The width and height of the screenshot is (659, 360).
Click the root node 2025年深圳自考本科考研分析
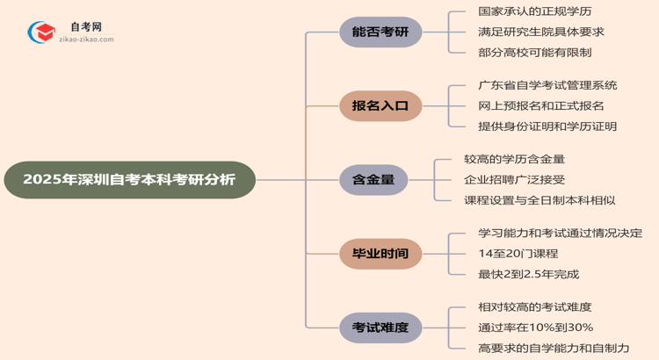pyautogui.click(x=129, y=180)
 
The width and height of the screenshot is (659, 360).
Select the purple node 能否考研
pyautogui.click(x=380, y=32)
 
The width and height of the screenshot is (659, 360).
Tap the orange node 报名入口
pyautogui.click(x=380, y=106)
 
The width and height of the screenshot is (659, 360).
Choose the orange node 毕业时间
pyautogui.click(x=380, y=254)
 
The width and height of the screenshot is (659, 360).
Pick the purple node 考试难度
pyautogui.click(x=380, y=328)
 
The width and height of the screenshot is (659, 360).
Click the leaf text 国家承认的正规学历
pyautogui.click(x=535, y=12)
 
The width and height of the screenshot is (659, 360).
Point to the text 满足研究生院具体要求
pyautogui.click(x=541, y=32)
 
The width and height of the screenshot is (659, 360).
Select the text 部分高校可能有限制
pyautogui.click(x=535, y=53)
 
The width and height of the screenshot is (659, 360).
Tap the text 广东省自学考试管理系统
pyautogui.click(x=547, y=86)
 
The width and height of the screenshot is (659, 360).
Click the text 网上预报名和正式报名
pyautogui.click(x=541, y=106)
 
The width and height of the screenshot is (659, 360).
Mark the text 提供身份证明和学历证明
pyautogui.click(x=547, y=126)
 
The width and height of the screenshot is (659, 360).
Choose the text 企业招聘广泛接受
pyautogui.click(x=514, y=180)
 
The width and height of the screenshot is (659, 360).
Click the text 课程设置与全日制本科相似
pyautogui.click(x=540, y=200)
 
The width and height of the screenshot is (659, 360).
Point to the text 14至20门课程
pyautogui.click(x=518, y=254)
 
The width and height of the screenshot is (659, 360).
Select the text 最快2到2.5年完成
pyautogui.click(x=528, y=274)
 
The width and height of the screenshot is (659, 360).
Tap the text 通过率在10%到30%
pyautogui.click(x=535, y=328)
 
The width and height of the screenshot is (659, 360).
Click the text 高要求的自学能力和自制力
pyautogui.click(x=554, y=348)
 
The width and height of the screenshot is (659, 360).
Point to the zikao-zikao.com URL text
pyautogui.click(x=86, y=40)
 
